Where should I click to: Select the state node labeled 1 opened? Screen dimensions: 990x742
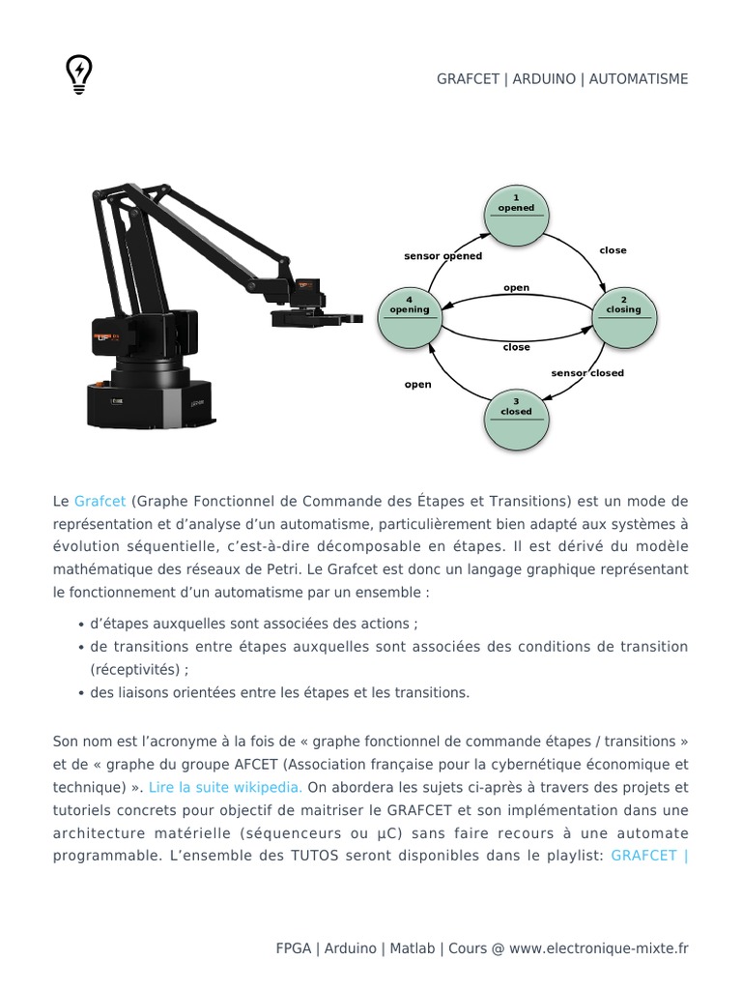tap(516, 215)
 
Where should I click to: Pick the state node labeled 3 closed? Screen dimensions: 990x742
tap(516, 418)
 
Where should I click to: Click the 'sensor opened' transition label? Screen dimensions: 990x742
tap(442, 256)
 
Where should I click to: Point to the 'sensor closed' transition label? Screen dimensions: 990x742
tap(587, 372)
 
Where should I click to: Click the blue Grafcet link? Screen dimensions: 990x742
tap(100, 501)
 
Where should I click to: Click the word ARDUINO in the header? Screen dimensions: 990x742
tap(546, 78)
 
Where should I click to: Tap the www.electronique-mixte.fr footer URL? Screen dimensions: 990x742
tap(599, 948)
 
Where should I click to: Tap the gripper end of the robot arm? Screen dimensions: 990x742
tap(324, 317)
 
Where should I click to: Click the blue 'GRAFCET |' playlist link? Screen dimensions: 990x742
tap(649, 857)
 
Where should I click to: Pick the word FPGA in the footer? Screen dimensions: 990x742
tap(294, 948)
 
